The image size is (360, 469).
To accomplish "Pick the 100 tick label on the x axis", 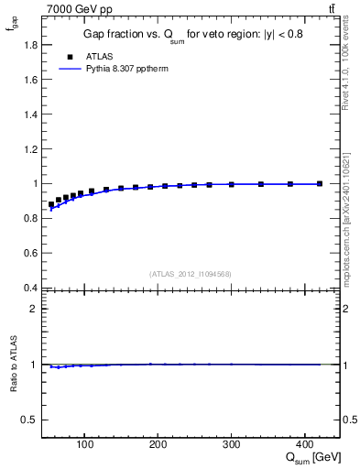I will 84,446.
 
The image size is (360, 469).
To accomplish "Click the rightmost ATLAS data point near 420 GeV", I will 320,184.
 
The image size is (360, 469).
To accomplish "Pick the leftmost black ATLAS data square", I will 51,204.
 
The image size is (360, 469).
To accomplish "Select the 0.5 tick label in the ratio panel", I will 29,420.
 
